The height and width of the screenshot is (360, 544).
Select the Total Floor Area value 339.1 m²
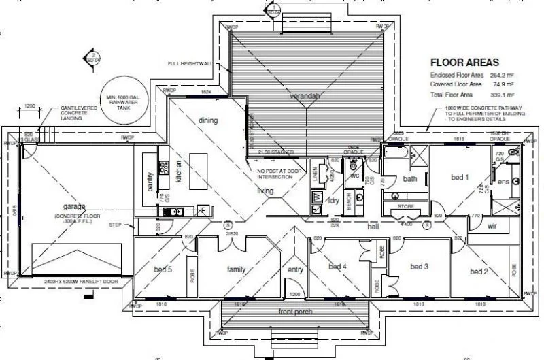pos(501,94)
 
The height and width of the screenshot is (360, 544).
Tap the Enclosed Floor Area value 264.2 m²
pos(501,75)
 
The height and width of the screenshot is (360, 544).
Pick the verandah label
pos(305,97)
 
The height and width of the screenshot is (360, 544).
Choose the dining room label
pos(208,121)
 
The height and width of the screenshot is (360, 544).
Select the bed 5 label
pos(163,269)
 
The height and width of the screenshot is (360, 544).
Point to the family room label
pos(236,269)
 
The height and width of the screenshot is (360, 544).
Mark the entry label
pos(294,269)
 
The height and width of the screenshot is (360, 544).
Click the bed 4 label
pos(337,266)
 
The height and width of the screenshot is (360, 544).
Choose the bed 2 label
pos(479,272)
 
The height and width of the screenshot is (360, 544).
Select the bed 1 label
pos(460,178)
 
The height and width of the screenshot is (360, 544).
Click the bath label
pos(409,179)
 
